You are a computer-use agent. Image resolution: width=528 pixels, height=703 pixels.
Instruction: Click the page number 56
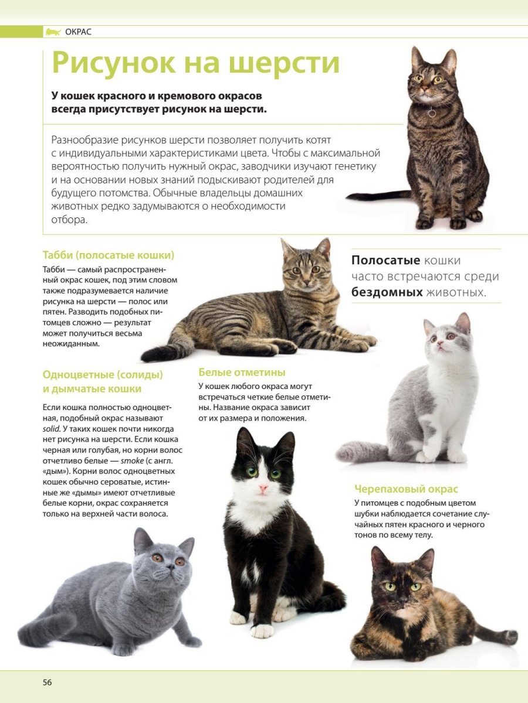[47, 682]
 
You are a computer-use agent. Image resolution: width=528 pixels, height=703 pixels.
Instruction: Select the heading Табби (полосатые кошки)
[109, 255]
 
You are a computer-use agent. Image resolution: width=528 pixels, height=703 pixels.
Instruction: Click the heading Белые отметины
[242, 372]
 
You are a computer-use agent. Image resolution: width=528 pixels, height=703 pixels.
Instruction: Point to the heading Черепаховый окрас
[406, 489]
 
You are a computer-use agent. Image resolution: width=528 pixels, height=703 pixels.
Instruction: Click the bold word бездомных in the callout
[387, 292]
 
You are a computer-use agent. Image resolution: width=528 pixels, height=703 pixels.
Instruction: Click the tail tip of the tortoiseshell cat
[512, 637]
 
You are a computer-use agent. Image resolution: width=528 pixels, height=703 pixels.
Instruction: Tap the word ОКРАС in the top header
[79, 32]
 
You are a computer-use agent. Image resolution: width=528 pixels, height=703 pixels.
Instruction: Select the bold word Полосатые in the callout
[386, 261]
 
